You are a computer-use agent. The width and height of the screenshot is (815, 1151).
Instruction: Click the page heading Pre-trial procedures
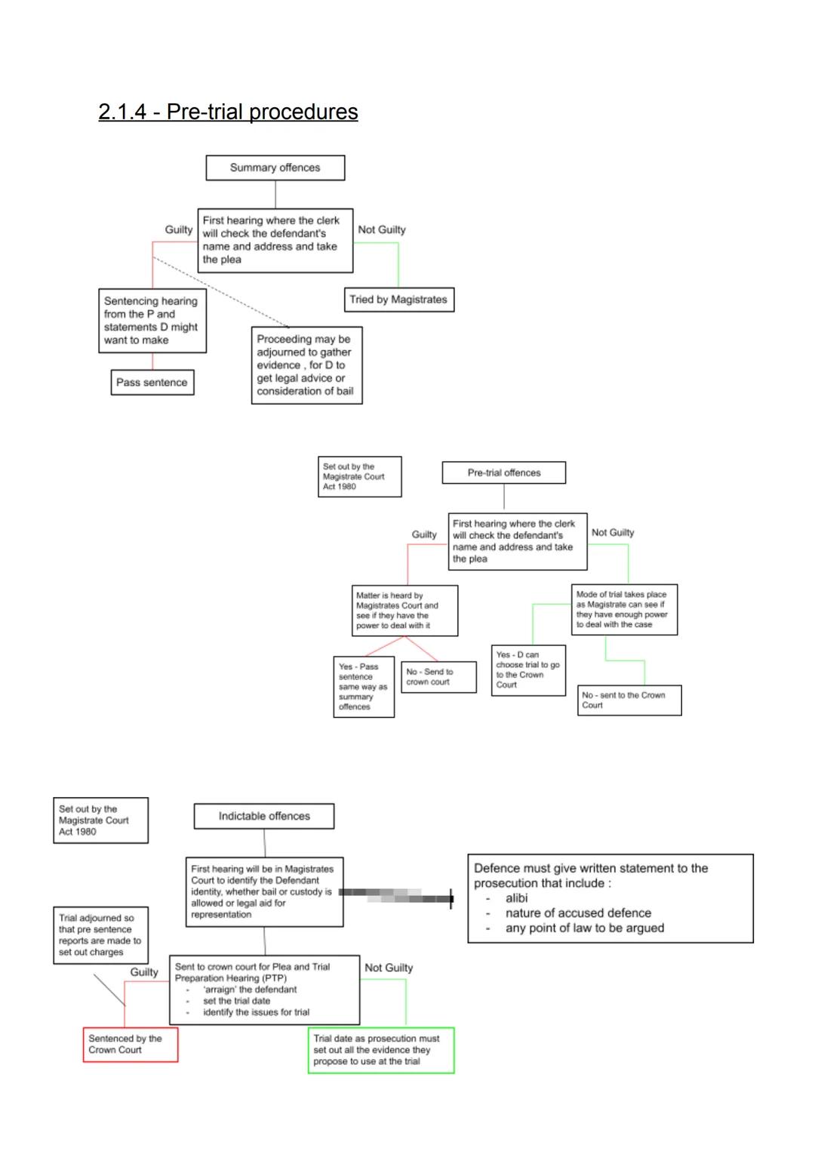[228, 112]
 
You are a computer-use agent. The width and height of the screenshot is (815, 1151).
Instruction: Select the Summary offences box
[275, 168]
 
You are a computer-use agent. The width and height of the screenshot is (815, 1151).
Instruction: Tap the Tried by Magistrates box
[398, 300]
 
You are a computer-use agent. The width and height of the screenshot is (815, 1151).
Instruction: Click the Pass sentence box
[152, 383]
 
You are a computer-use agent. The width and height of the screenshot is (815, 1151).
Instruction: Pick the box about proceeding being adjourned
[306, 365]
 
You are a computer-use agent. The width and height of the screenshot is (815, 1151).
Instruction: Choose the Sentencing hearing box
[152, 321]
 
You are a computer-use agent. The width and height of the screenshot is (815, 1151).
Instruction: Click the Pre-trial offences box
[504, 473]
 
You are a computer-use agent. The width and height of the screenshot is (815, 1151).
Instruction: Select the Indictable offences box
[264, 816]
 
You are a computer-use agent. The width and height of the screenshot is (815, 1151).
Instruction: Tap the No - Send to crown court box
[438, 677]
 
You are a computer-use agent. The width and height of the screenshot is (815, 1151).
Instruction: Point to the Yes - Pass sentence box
[364, 687]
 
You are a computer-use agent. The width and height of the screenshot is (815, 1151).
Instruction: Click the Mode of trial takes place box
[623, 610]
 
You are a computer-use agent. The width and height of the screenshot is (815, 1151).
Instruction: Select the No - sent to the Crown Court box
[629, 700]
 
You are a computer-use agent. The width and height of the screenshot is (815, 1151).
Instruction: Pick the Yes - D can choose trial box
[529, 670]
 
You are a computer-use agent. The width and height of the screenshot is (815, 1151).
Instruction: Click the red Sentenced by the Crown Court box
[131, 1045]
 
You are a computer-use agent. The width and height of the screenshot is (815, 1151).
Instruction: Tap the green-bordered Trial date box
[381, 1050]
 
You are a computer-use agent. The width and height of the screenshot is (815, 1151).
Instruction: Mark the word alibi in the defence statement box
[517, 898]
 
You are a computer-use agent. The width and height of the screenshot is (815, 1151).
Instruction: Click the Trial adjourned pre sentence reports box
[100, 935]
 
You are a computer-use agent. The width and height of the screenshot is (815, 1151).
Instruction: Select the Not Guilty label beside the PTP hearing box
[389, 968]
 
